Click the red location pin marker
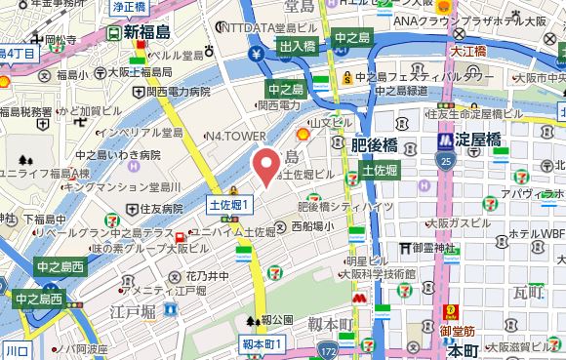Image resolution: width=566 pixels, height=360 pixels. point(265,166)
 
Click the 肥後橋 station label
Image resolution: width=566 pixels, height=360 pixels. point(374,145)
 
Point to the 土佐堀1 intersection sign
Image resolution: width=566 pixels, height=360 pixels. point(230,205)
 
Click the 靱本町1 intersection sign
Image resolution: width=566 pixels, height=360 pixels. point(261,344)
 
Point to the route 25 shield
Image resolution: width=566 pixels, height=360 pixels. point(447,159)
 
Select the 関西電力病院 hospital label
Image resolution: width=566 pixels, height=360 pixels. point(178,92)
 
